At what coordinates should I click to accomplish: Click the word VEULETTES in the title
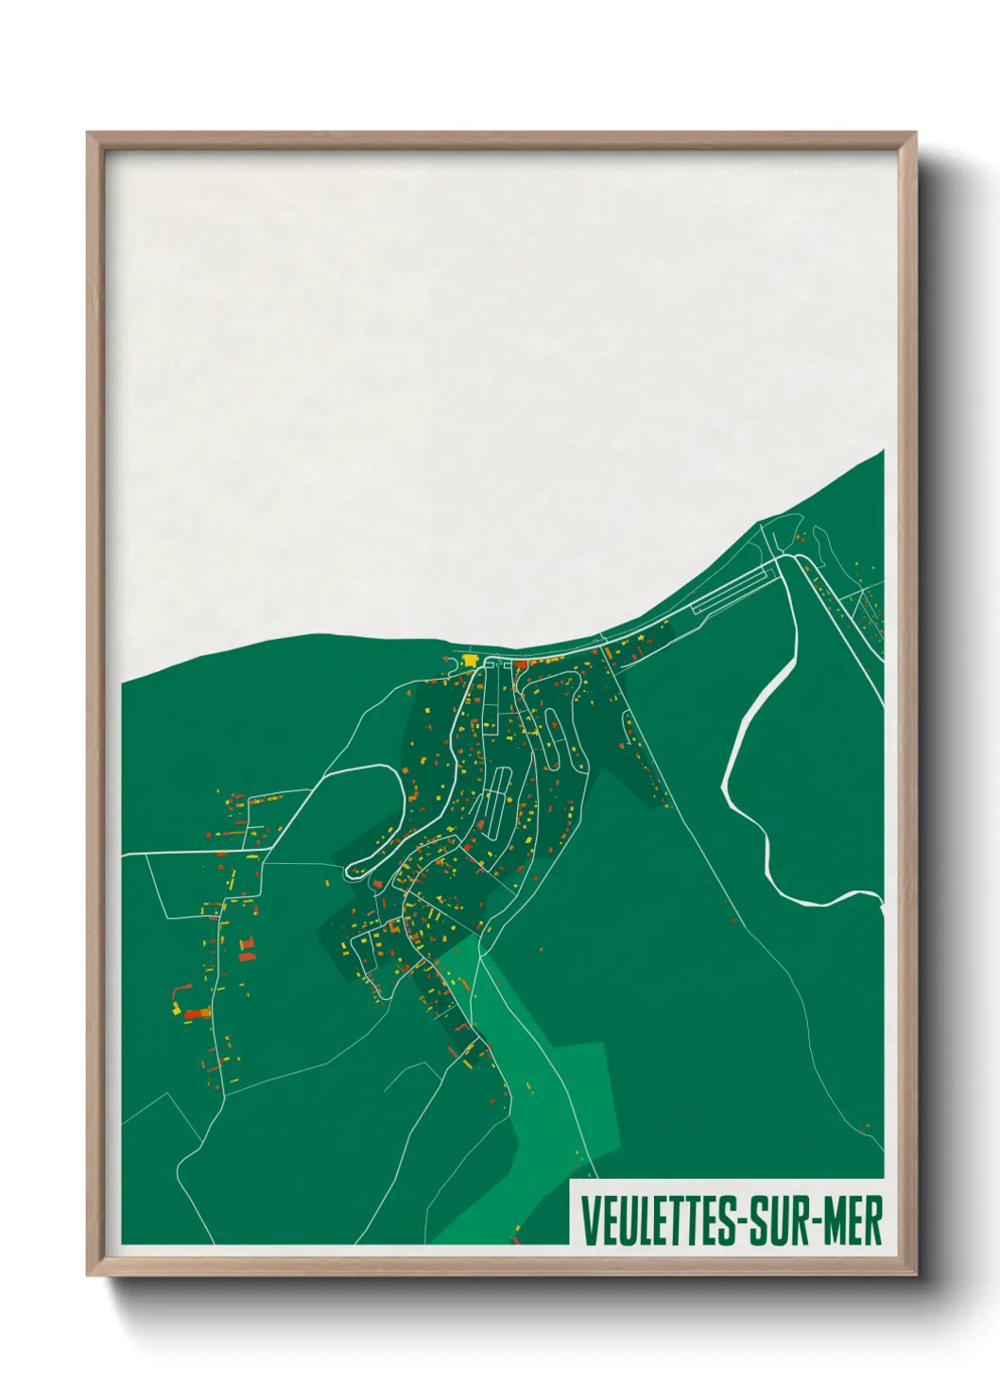[655, 1221]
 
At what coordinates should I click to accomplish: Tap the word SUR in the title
[778, 1221]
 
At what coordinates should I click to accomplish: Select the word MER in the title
[853, 1221]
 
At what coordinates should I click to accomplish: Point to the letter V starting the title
[590, 1221]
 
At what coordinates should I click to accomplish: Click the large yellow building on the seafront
[470, 661]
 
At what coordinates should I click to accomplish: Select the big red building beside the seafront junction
[520, 664]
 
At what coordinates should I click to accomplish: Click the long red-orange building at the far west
[198, 1014]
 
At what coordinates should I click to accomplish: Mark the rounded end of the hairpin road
[353, 868]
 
